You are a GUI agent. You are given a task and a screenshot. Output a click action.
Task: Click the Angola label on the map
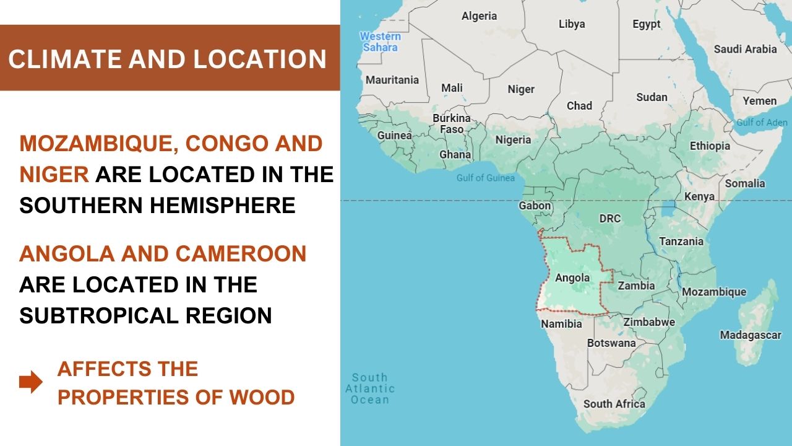572,278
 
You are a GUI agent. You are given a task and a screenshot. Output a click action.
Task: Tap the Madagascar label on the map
751,335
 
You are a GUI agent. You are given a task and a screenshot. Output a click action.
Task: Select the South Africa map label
614,404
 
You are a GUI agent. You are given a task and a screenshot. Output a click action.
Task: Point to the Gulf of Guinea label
486,178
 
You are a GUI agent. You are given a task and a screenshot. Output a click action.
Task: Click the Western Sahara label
380,42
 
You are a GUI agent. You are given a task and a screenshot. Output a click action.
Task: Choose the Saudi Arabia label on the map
745,49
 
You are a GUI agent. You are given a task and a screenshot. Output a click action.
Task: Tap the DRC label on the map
609,219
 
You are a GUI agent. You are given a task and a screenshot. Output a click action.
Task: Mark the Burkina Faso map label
452,123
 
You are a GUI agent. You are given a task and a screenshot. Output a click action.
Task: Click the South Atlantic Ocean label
370,388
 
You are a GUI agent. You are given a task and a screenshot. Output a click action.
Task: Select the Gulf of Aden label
762,123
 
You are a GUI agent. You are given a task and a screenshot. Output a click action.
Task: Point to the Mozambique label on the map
714,292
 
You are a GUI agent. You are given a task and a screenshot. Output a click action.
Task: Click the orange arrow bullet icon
31,382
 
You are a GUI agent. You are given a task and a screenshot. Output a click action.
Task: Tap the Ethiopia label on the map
710,146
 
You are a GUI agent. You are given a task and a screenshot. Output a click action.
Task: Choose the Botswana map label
611,343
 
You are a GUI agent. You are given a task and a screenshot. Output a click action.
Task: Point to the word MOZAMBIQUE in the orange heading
99,144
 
